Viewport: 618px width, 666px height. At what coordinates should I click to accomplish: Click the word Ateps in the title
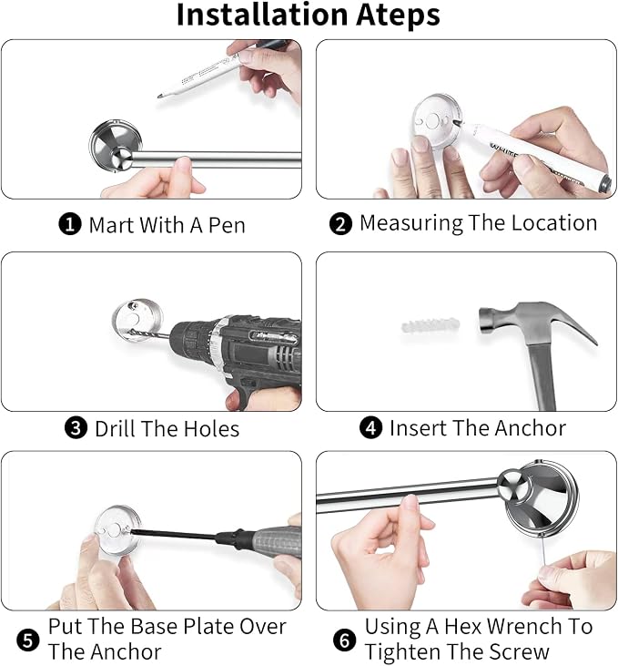click(x=398, y=15)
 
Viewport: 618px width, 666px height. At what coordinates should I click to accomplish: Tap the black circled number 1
click(x=70, y=224)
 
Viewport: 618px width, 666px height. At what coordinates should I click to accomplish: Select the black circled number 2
click(x=340, y=224)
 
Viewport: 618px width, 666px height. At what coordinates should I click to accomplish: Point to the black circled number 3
click(x=76, y=428)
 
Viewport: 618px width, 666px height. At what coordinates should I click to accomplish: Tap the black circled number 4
click(x=370, y=427)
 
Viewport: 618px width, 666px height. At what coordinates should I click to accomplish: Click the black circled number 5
click(x=28, y=640)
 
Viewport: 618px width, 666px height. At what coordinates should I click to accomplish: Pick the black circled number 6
click(x=344, y=640)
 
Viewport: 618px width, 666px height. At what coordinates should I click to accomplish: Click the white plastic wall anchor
click(x=431, y=326)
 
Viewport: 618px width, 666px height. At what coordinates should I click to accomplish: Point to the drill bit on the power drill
click(x=149, y=334)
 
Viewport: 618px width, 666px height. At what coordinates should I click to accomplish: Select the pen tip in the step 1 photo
click(x=159, y=97)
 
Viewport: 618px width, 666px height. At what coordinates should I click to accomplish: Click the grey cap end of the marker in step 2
click(x=605, y=183)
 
